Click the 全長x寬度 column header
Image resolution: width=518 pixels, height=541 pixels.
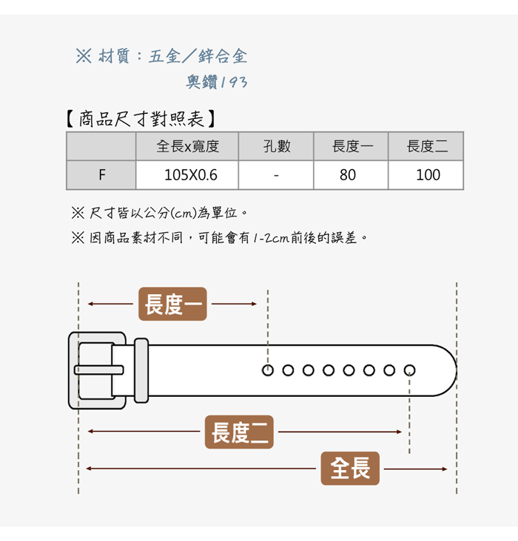click(x=187, y=146)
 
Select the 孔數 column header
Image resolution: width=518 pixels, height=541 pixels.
click(x=277, y=146)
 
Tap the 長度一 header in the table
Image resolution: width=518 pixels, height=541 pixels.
click(x=351, y=146)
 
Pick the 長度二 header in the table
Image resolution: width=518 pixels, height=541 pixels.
click(x=427, y=146)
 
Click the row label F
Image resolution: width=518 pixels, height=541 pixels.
click(x=101, y=175)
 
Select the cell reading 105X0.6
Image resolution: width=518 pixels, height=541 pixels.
click(x=187, y=175)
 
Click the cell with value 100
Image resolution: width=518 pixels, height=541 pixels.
click(x=427, y=175)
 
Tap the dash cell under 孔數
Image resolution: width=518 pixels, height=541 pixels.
click(x=276, y=175)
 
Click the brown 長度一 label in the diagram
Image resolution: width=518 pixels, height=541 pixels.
click(x=172, y=304)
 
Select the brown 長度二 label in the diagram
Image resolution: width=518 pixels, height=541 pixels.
click(x=239, y=432)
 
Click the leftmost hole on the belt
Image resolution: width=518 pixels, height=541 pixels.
click(x=268, y=370)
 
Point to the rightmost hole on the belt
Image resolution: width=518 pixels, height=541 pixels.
click(x=409, y=370)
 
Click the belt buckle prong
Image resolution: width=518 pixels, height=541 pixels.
click(x=98, y=370)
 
